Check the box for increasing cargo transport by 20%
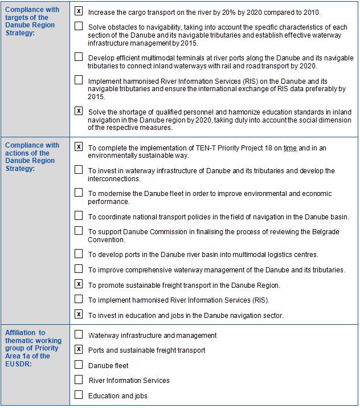coord(79,11)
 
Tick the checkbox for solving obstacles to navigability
coord(79,26)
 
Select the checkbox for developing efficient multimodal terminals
coord(79,57)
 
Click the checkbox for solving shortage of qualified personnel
coord(79,111)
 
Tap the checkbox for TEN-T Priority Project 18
coord(79,147)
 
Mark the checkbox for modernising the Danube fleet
coord(79,193)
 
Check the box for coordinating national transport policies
coord(79,215)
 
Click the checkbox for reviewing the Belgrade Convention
coord(79,231)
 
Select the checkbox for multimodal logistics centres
coord(79,254)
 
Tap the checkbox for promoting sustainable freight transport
coord(79,284)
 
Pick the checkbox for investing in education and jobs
coord(79,314)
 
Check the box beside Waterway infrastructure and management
coord(79,334)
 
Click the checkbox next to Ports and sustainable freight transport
coord(79,349)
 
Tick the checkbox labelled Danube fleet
coord(79,365)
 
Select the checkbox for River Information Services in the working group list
coord(79,380)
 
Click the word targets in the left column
coord(17,18)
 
